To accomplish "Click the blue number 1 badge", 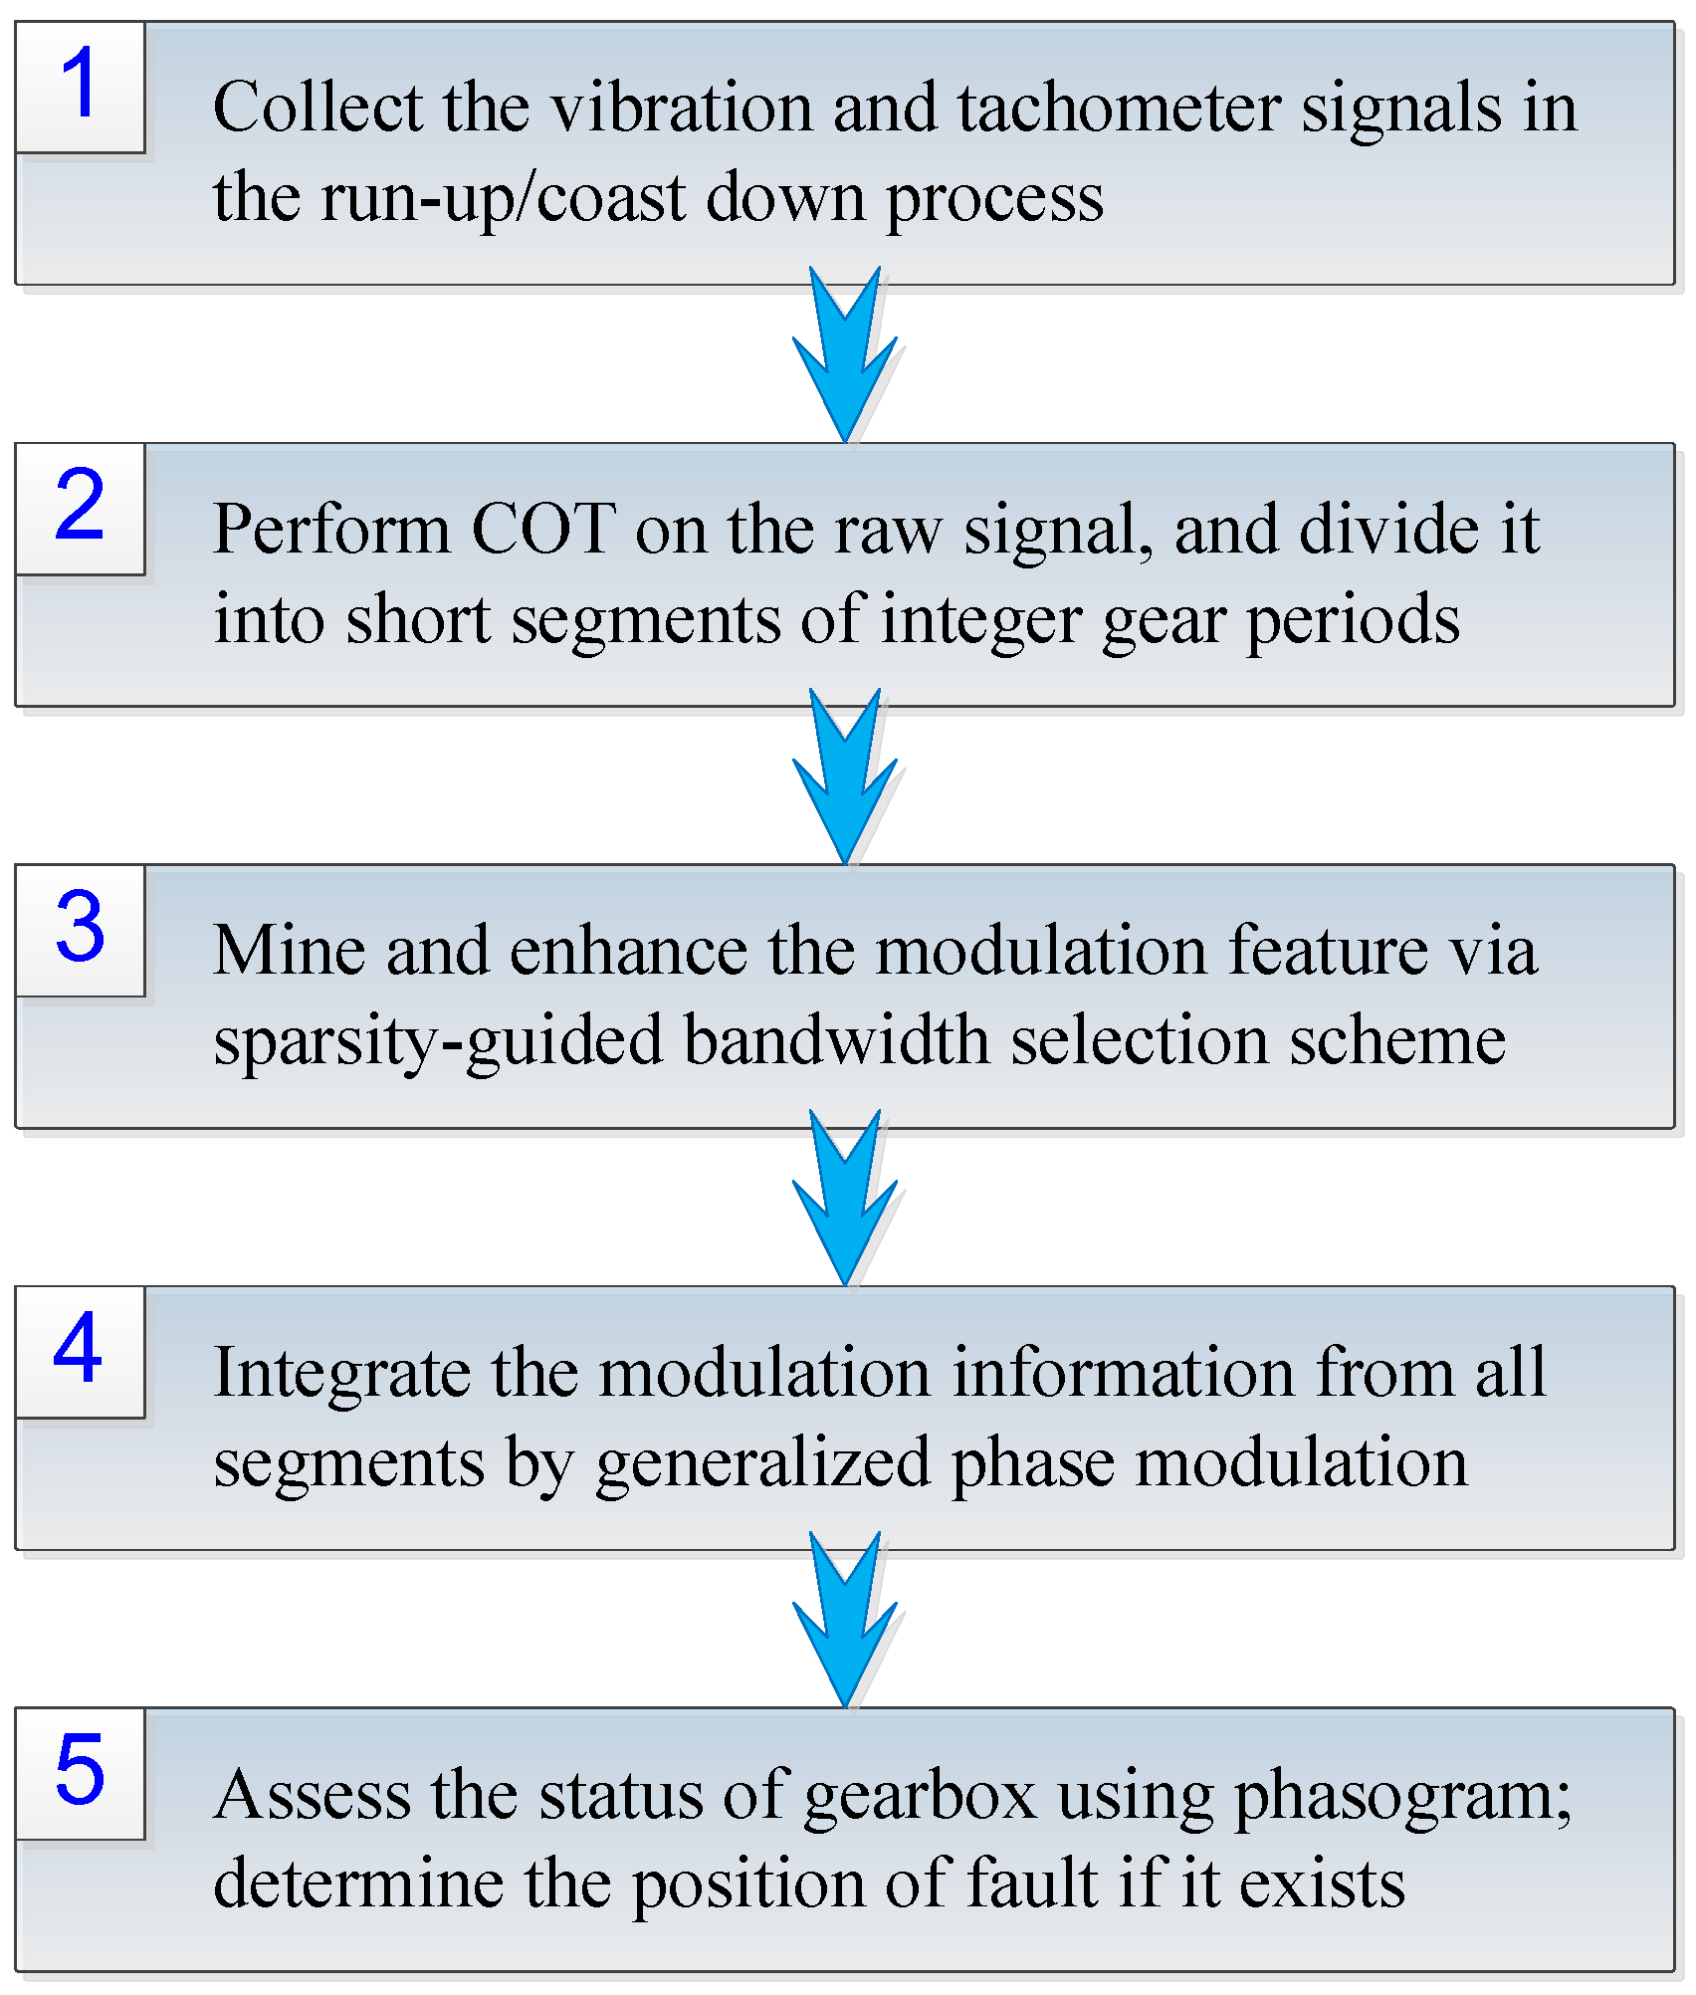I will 80,86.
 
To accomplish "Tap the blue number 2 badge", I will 80,507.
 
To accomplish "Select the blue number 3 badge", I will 80,928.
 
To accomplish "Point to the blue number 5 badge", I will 80,1771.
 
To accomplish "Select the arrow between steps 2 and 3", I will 845,776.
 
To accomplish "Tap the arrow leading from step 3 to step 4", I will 845,1198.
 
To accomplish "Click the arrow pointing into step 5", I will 845,1620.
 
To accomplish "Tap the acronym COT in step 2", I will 542,529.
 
